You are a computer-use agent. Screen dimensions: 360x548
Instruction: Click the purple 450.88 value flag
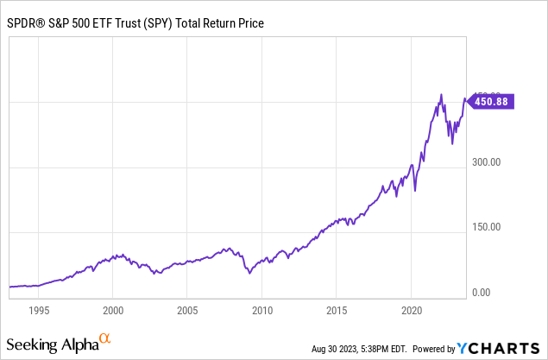click(x=489, y=101)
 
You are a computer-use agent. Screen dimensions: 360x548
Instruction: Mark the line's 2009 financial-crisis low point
click(x=249, y=273)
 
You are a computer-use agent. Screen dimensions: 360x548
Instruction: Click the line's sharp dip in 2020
click(x=415, y=190)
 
